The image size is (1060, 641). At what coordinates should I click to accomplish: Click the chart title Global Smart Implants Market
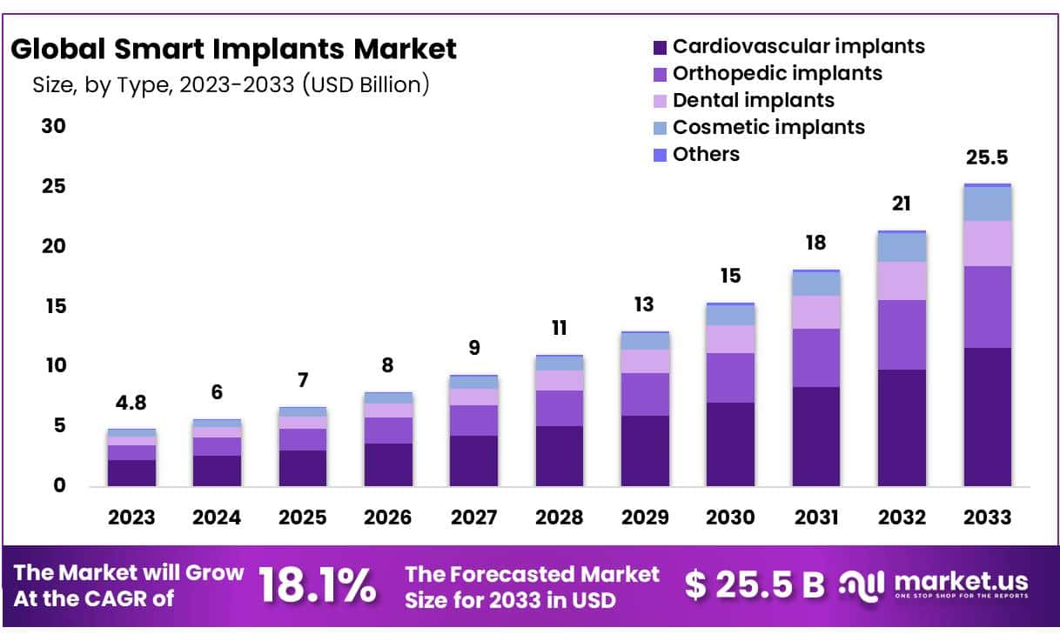click(x=233, y=50)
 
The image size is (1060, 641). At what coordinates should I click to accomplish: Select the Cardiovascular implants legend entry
click(x=788, y=46)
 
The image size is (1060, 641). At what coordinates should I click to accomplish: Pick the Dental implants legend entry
click(x=743, y=100)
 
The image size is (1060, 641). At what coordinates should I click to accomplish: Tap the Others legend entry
click(x=696, y=154)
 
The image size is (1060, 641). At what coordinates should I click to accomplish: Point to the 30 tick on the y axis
click(x=54, y=126)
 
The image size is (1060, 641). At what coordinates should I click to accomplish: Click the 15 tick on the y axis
click(x=54, y=306)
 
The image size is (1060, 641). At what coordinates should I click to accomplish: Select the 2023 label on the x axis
click(x=131, y=517)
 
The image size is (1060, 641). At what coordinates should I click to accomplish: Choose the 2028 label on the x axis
click(x=559, y=517)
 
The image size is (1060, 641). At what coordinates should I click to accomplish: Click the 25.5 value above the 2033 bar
click(x=987, y=158)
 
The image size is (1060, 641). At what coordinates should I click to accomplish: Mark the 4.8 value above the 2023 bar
click(x=131, y=403)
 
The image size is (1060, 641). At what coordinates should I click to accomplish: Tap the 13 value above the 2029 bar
click(x=644, y=305)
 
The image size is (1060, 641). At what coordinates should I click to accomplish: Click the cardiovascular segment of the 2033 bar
click(x=987, y=417)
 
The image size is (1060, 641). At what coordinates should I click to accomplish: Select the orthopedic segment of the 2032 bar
click(x=902, y=335)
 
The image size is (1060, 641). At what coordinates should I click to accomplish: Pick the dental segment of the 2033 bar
click(x=987, y=244)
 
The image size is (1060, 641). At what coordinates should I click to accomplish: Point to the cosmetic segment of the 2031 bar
click(x=815, y=284)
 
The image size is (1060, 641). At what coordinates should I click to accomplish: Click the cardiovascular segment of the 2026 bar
click(x=388, y=464)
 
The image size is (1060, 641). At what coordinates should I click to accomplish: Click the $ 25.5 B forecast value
click(x=754, y=585)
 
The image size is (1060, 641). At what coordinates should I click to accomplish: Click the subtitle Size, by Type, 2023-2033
click(x=231, y=85)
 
